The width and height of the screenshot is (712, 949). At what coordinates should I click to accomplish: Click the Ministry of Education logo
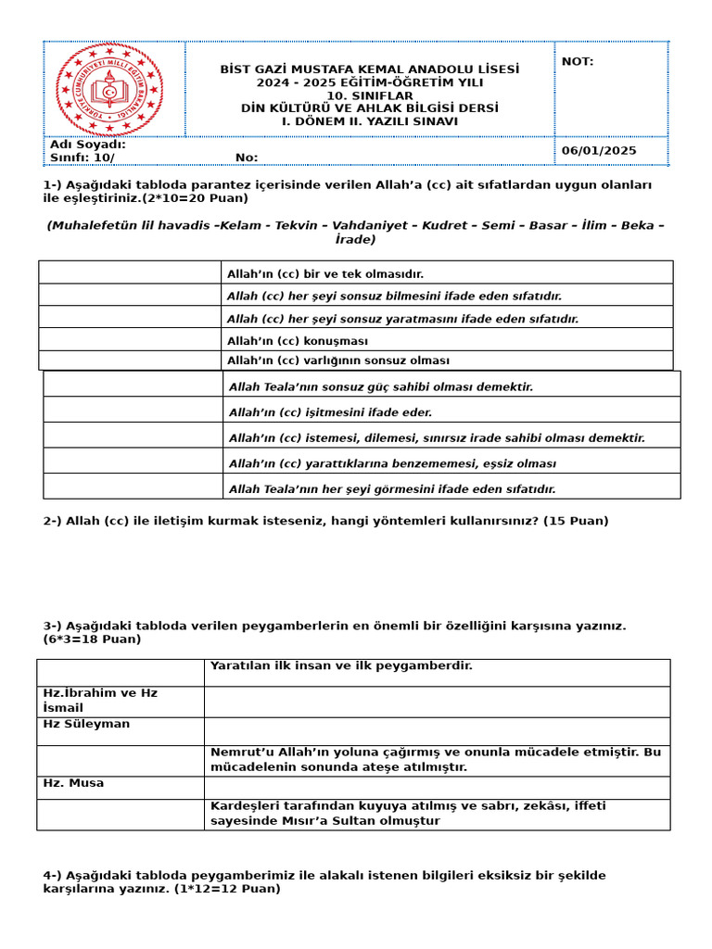point(109,90)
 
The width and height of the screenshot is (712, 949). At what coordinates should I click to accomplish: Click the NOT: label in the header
point(578,62)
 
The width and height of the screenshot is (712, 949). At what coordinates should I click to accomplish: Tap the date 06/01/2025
point(599,150)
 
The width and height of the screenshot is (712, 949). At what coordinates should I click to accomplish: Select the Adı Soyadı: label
point(88,145)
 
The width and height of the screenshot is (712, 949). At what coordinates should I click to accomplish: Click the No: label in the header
point(247,158)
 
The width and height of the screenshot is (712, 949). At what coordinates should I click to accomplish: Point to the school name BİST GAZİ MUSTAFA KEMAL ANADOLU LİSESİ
point(369,70)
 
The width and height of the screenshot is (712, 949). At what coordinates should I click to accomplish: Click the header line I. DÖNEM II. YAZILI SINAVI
point(369,121)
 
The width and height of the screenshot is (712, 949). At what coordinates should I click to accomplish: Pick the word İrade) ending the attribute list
point(355,240)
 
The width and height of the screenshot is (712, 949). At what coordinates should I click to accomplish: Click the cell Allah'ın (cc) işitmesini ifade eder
point(330,412)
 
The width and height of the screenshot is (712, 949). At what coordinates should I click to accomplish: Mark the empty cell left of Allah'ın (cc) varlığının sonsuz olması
point(130,361)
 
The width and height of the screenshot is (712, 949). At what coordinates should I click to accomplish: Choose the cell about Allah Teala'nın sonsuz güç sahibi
point(380,386)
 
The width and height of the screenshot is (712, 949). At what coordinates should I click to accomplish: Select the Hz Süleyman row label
point(86,724)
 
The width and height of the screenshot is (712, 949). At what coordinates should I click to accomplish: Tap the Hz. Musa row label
point(73,783)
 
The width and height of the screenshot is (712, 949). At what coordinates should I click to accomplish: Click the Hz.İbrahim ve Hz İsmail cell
point(100,701)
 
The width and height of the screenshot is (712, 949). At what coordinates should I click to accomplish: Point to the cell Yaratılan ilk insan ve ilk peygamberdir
point(341,665)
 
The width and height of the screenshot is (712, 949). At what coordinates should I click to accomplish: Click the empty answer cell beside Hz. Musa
point(437,788)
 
